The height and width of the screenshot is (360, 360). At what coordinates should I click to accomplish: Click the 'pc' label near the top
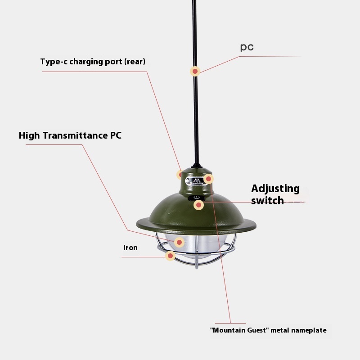[247, 47]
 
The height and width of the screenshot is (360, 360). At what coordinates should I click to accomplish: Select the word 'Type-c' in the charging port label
[54, 62]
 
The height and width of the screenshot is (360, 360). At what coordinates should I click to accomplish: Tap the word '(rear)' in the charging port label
[135, 62]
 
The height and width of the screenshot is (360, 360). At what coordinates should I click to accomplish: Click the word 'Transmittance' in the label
[75, 135]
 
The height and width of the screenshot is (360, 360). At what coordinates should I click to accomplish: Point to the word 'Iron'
[130, 248]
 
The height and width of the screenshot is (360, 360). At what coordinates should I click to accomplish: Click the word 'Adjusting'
[275, 189]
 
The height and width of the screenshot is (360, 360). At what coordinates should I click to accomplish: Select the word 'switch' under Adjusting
[267, 200]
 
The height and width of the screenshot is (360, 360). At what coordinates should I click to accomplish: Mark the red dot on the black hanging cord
[195, 72]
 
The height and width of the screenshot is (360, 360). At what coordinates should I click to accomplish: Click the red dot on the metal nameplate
[208, 179]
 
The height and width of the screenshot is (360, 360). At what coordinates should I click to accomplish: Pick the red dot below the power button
[198, 205]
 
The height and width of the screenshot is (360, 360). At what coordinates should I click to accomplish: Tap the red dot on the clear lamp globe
[179, 242]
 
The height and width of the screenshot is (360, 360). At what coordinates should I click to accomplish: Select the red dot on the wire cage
[171, 256]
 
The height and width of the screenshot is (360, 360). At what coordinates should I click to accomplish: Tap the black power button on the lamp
[196, 198]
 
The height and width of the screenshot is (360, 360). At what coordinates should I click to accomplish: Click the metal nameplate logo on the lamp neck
[196, 181]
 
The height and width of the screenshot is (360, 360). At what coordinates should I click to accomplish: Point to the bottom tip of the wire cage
[197, 268]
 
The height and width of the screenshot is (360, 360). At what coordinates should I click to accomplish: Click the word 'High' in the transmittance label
[29, 135]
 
